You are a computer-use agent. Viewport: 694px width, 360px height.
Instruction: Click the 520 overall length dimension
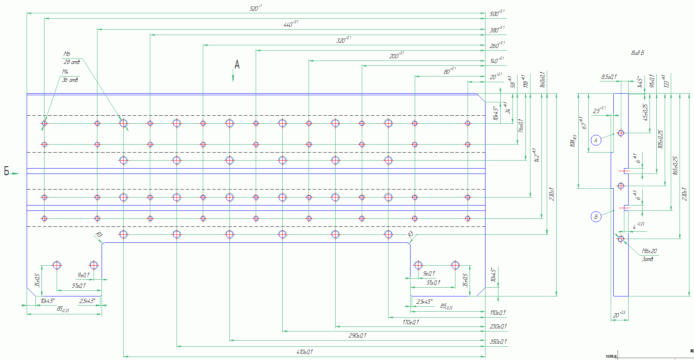256,8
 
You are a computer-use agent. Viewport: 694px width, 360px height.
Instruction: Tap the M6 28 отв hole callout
71,58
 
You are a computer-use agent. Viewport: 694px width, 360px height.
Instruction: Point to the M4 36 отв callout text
70,76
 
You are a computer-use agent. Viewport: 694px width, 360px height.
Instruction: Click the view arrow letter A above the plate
237,65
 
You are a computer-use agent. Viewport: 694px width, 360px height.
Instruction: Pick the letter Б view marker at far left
6,171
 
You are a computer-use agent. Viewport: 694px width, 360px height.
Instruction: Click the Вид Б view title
637,53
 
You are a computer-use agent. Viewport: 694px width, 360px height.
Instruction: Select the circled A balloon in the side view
596,140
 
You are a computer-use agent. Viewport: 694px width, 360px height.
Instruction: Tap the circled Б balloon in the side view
596,217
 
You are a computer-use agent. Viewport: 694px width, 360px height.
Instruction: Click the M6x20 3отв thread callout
649,255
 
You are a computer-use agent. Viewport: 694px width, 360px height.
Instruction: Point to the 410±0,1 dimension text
304,352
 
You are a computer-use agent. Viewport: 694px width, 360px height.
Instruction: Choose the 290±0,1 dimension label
357,336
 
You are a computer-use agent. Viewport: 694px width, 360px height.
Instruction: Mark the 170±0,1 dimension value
411,322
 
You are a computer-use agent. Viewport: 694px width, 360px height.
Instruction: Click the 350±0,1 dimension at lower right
498,342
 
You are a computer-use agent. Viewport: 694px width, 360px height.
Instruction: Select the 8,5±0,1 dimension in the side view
609,77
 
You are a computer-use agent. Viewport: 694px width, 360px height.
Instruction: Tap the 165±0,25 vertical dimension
675,166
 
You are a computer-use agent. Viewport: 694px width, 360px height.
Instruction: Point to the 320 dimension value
344,40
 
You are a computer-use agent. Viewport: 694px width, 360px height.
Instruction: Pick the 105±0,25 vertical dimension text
660,139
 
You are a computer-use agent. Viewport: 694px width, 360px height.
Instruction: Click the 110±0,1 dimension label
498,313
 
